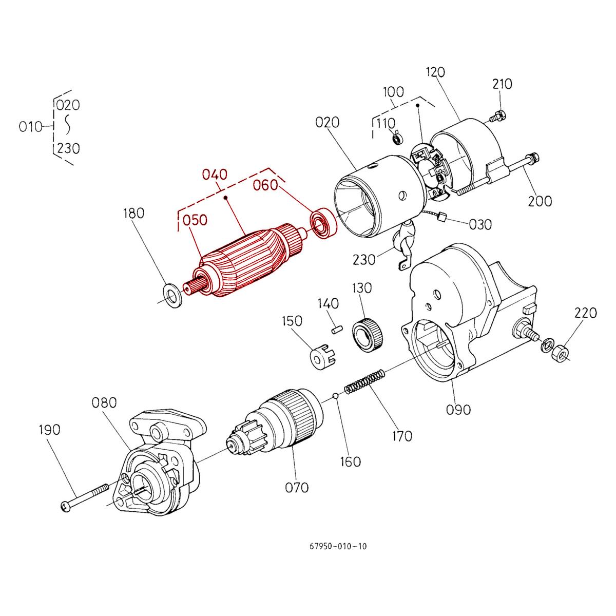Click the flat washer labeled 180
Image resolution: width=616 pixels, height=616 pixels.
pyautogui.click(x=172, y=292)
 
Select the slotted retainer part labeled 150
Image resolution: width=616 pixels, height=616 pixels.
pyautogui.click(x=322, y=357)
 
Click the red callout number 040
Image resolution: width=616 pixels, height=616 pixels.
pyautogui.click(x=215, y=176)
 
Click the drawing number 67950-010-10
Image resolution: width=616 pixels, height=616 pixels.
pyautogui.click(x=335, y=546)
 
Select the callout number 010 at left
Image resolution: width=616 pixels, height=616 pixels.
pyautogui.click(x=30, y=127)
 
